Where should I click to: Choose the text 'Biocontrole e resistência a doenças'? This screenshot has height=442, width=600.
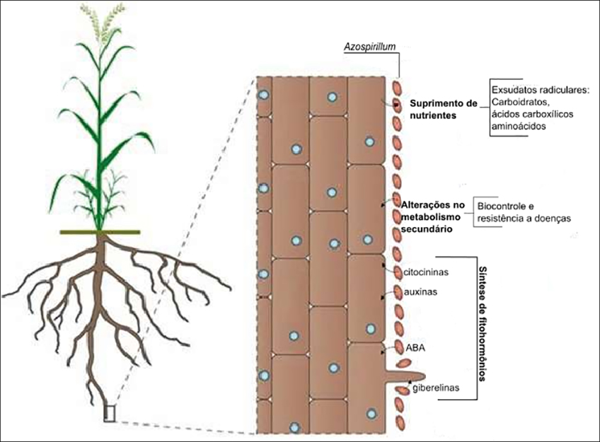(524, 211)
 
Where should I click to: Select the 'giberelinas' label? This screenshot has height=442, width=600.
(434, 389)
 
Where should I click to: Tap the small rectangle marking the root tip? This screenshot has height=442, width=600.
(109, 412)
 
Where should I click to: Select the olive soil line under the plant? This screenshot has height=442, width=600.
(100, 232)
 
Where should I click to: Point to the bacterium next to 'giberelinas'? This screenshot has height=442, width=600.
(403, 389)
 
